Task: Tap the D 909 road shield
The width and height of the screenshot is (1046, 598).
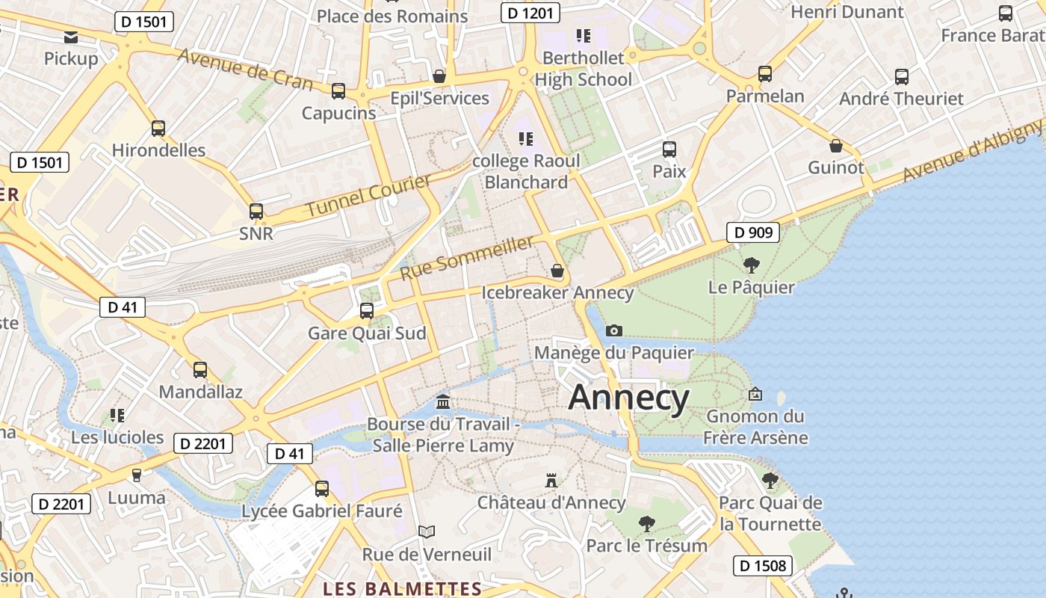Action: click(x=753, y=232)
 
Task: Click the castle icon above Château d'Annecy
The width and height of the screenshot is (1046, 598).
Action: click(x=551, y=480)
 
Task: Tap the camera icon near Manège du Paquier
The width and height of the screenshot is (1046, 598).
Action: click(x=613, y=330)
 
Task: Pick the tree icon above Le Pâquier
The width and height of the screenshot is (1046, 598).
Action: click(x=751, y=265)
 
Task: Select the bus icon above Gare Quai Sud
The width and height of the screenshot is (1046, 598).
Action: click(x=366, y=311)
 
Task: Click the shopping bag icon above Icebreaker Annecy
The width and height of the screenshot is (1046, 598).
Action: click(x=557, y=271)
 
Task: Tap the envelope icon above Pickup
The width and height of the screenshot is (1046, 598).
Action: click(x=71, y=37)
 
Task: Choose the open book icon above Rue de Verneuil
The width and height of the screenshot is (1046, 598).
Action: click(x=427, y=532)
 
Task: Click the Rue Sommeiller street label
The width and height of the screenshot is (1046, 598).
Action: click(x=467, y=258)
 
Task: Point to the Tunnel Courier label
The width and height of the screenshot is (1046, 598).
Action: click(x=369, y=196)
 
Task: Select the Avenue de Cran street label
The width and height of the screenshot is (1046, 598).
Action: click(x=245, y=69)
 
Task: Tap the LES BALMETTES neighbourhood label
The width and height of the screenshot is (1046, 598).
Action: click(x=402, y=589)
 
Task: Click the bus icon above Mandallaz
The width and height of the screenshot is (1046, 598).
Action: click(x=199, y=369)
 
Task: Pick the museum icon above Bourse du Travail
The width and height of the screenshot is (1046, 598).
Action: click(x=443, y=402)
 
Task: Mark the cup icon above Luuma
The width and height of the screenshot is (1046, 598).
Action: click(x=136, y=475)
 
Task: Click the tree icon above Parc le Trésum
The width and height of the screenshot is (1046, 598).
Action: click(x=646, y=523)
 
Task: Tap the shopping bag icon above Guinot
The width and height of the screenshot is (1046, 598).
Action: click(x=835, y=146)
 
